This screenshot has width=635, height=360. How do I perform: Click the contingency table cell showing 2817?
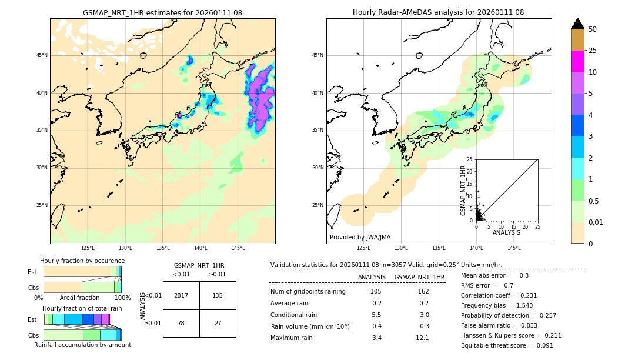click(181, 295)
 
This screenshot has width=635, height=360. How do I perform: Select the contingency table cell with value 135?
click(218, 295)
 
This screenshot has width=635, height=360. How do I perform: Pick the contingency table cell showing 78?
click(181, 323)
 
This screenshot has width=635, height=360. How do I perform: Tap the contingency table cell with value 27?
click(218, 323)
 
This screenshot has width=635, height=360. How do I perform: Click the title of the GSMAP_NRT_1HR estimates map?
click(162, 12)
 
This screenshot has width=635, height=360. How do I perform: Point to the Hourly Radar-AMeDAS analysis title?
click(438, 12)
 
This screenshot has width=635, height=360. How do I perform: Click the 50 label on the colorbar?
click(593, 29)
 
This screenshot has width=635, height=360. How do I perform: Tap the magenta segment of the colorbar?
click(577, 61)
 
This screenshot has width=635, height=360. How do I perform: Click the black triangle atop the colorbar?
click(577, 24)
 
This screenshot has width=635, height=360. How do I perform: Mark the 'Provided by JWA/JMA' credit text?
click(360, 238)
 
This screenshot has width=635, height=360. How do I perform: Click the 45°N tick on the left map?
click(42, 55)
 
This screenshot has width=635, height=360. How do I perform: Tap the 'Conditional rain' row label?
click(294, 315)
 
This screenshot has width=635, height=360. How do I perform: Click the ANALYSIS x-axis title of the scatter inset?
click(506, 233)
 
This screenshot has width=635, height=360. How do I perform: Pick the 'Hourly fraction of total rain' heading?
click(82, 308)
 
